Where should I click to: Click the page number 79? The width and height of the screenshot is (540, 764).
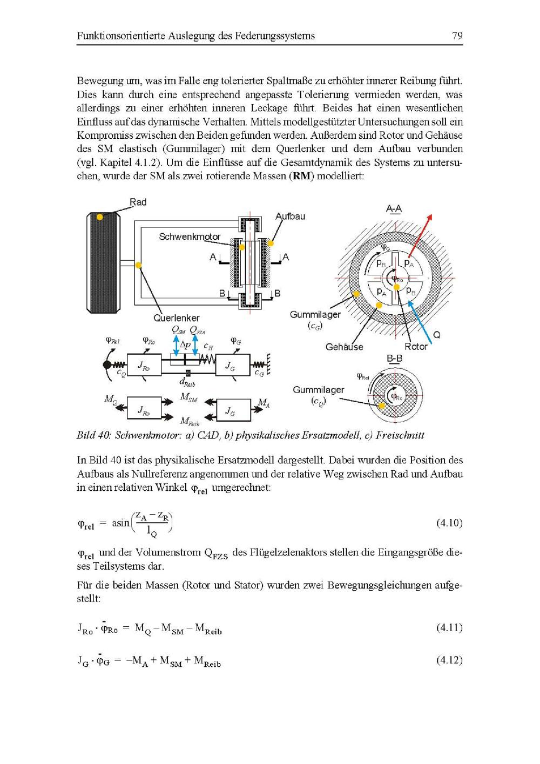click(x=457, y=36)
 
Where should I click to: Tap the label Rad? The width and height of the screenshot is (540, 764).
click(x=138, y=202)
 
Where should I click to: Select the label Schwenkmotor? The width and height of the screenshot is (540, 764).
click(x=189, y=236)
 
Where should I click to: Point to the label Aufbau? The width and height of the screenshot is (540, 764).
click(x=291, y=216)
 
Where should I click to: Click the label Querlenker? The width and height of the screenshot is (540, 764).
click(x=176, y=318)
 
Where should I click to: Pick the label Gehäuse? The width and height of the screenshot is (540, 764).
click(x=344, y=347)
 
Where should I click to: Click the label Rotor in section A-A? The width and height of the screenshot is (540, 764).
click(x=416, y=346)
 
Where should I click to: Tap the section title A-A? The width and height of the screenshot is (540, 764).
click(x=394, y=208)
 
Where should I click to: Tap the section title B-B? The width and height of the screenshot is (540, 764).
click(x=394, y=359)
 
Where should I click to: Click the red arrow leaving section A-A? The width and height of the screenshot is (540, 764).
click(x=421, y=234)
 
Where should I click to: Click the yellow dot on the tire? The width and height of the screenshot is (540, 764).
click(x=100, y=217)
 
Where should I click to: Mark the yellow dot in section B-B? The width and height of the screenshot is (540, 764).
click(x=381, y=405)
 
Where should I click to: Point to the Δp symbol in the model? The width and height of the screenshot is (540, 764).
click(x=185, y=344)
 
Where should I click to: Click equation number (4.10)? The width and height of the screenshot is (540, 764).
click(x=449, y=523)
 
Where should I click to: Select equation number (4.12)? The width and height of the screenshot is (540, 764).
click(x=449, y=660)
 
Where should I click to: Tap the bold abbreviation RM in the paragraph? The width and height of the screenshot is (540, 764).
click(x=301, y=176)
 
